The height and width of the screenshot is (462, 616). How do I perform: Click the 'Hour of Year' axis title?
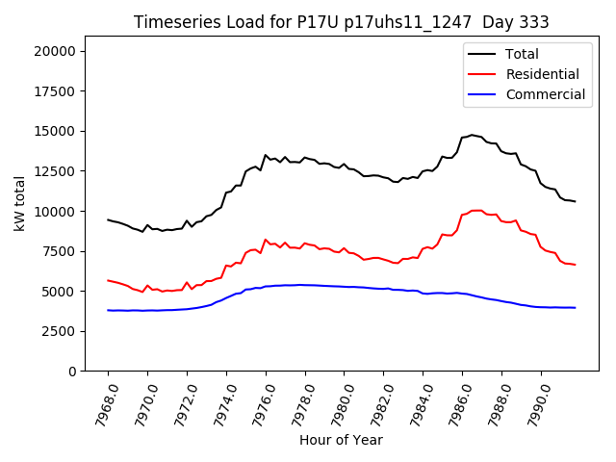[x=341, y=440]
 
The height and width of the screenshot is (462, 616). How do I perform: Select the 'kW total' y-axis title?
[x=19, y=203]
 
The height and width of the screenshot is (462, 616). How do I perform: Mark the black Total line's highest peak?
[x=472, y=135]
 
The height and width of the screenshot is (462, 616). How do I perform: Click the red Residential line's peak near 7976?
[x=266, y=240]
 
